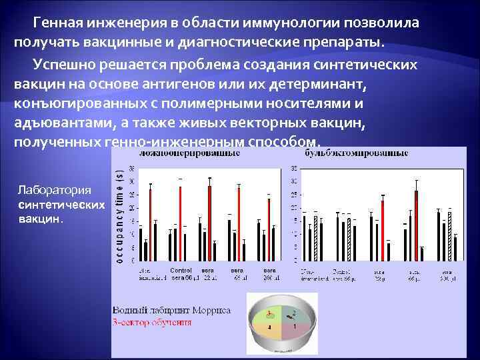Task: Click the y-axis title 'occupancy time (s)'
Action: (120, 214)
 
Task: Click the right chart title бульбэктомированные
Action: (357, 153)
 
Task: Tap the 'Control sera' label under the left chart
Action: (181, 273)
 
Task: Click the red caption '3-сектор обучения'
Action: (153, 322)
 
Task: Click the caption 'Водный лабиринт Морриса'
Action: (171, 311)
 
